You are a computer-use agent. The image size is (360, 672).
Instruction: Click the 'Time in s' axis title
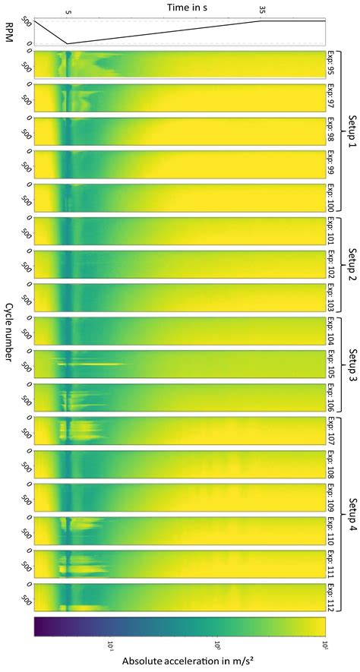pyautogui.click(x=181, y=6)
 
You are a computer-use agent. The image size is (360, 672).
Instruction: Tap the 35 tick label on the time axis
pyautogui.click(x=263, y=11)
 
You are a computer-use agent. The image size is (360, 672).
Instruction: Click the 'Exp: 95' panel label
pyautogui.click(x=331, y=66)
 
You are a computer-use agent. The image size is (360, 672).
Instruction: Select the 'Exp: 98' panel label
pyautogui.click(x=331, y=133)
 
